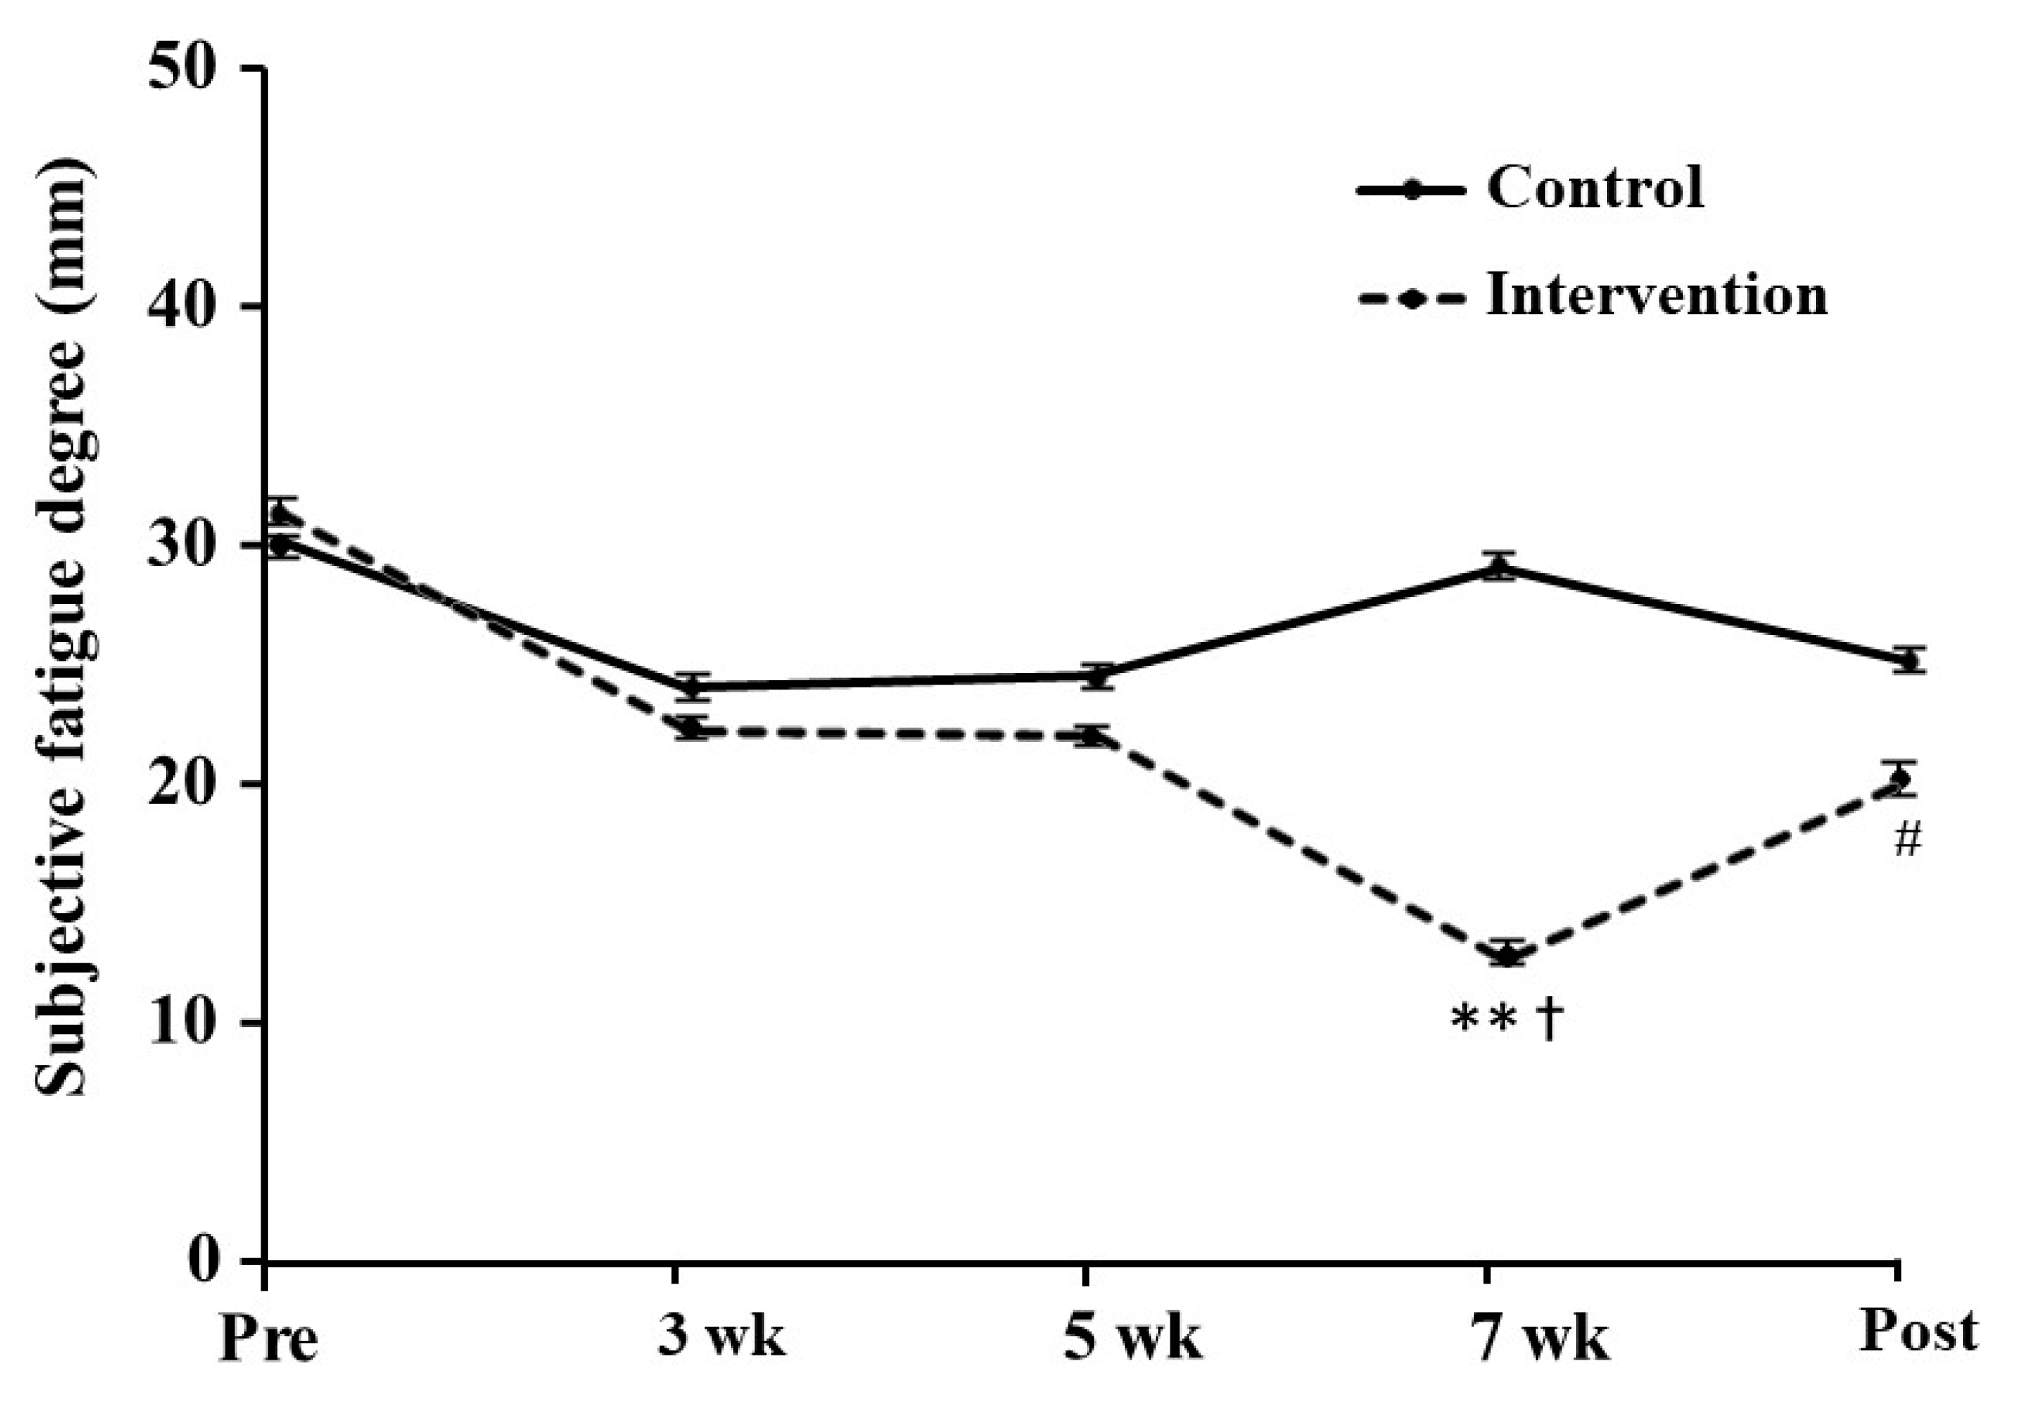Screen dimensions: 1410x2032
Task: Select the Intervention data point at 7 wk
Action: (x=1509, y=955)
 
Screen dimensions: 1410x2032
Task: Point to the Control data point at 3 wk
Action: (x=694, y=687)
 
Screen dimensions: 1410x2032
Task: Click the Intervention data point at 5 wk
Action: (x=1094, y=735)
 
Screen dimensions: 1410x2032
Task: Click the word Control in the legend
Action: (x=1595, y=187)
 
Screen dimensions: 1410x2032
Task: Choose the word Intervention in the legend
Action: (x=1656, y=294)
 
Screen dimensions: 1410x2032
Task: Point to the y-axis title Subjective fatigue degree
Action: (x=64, y=627)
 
